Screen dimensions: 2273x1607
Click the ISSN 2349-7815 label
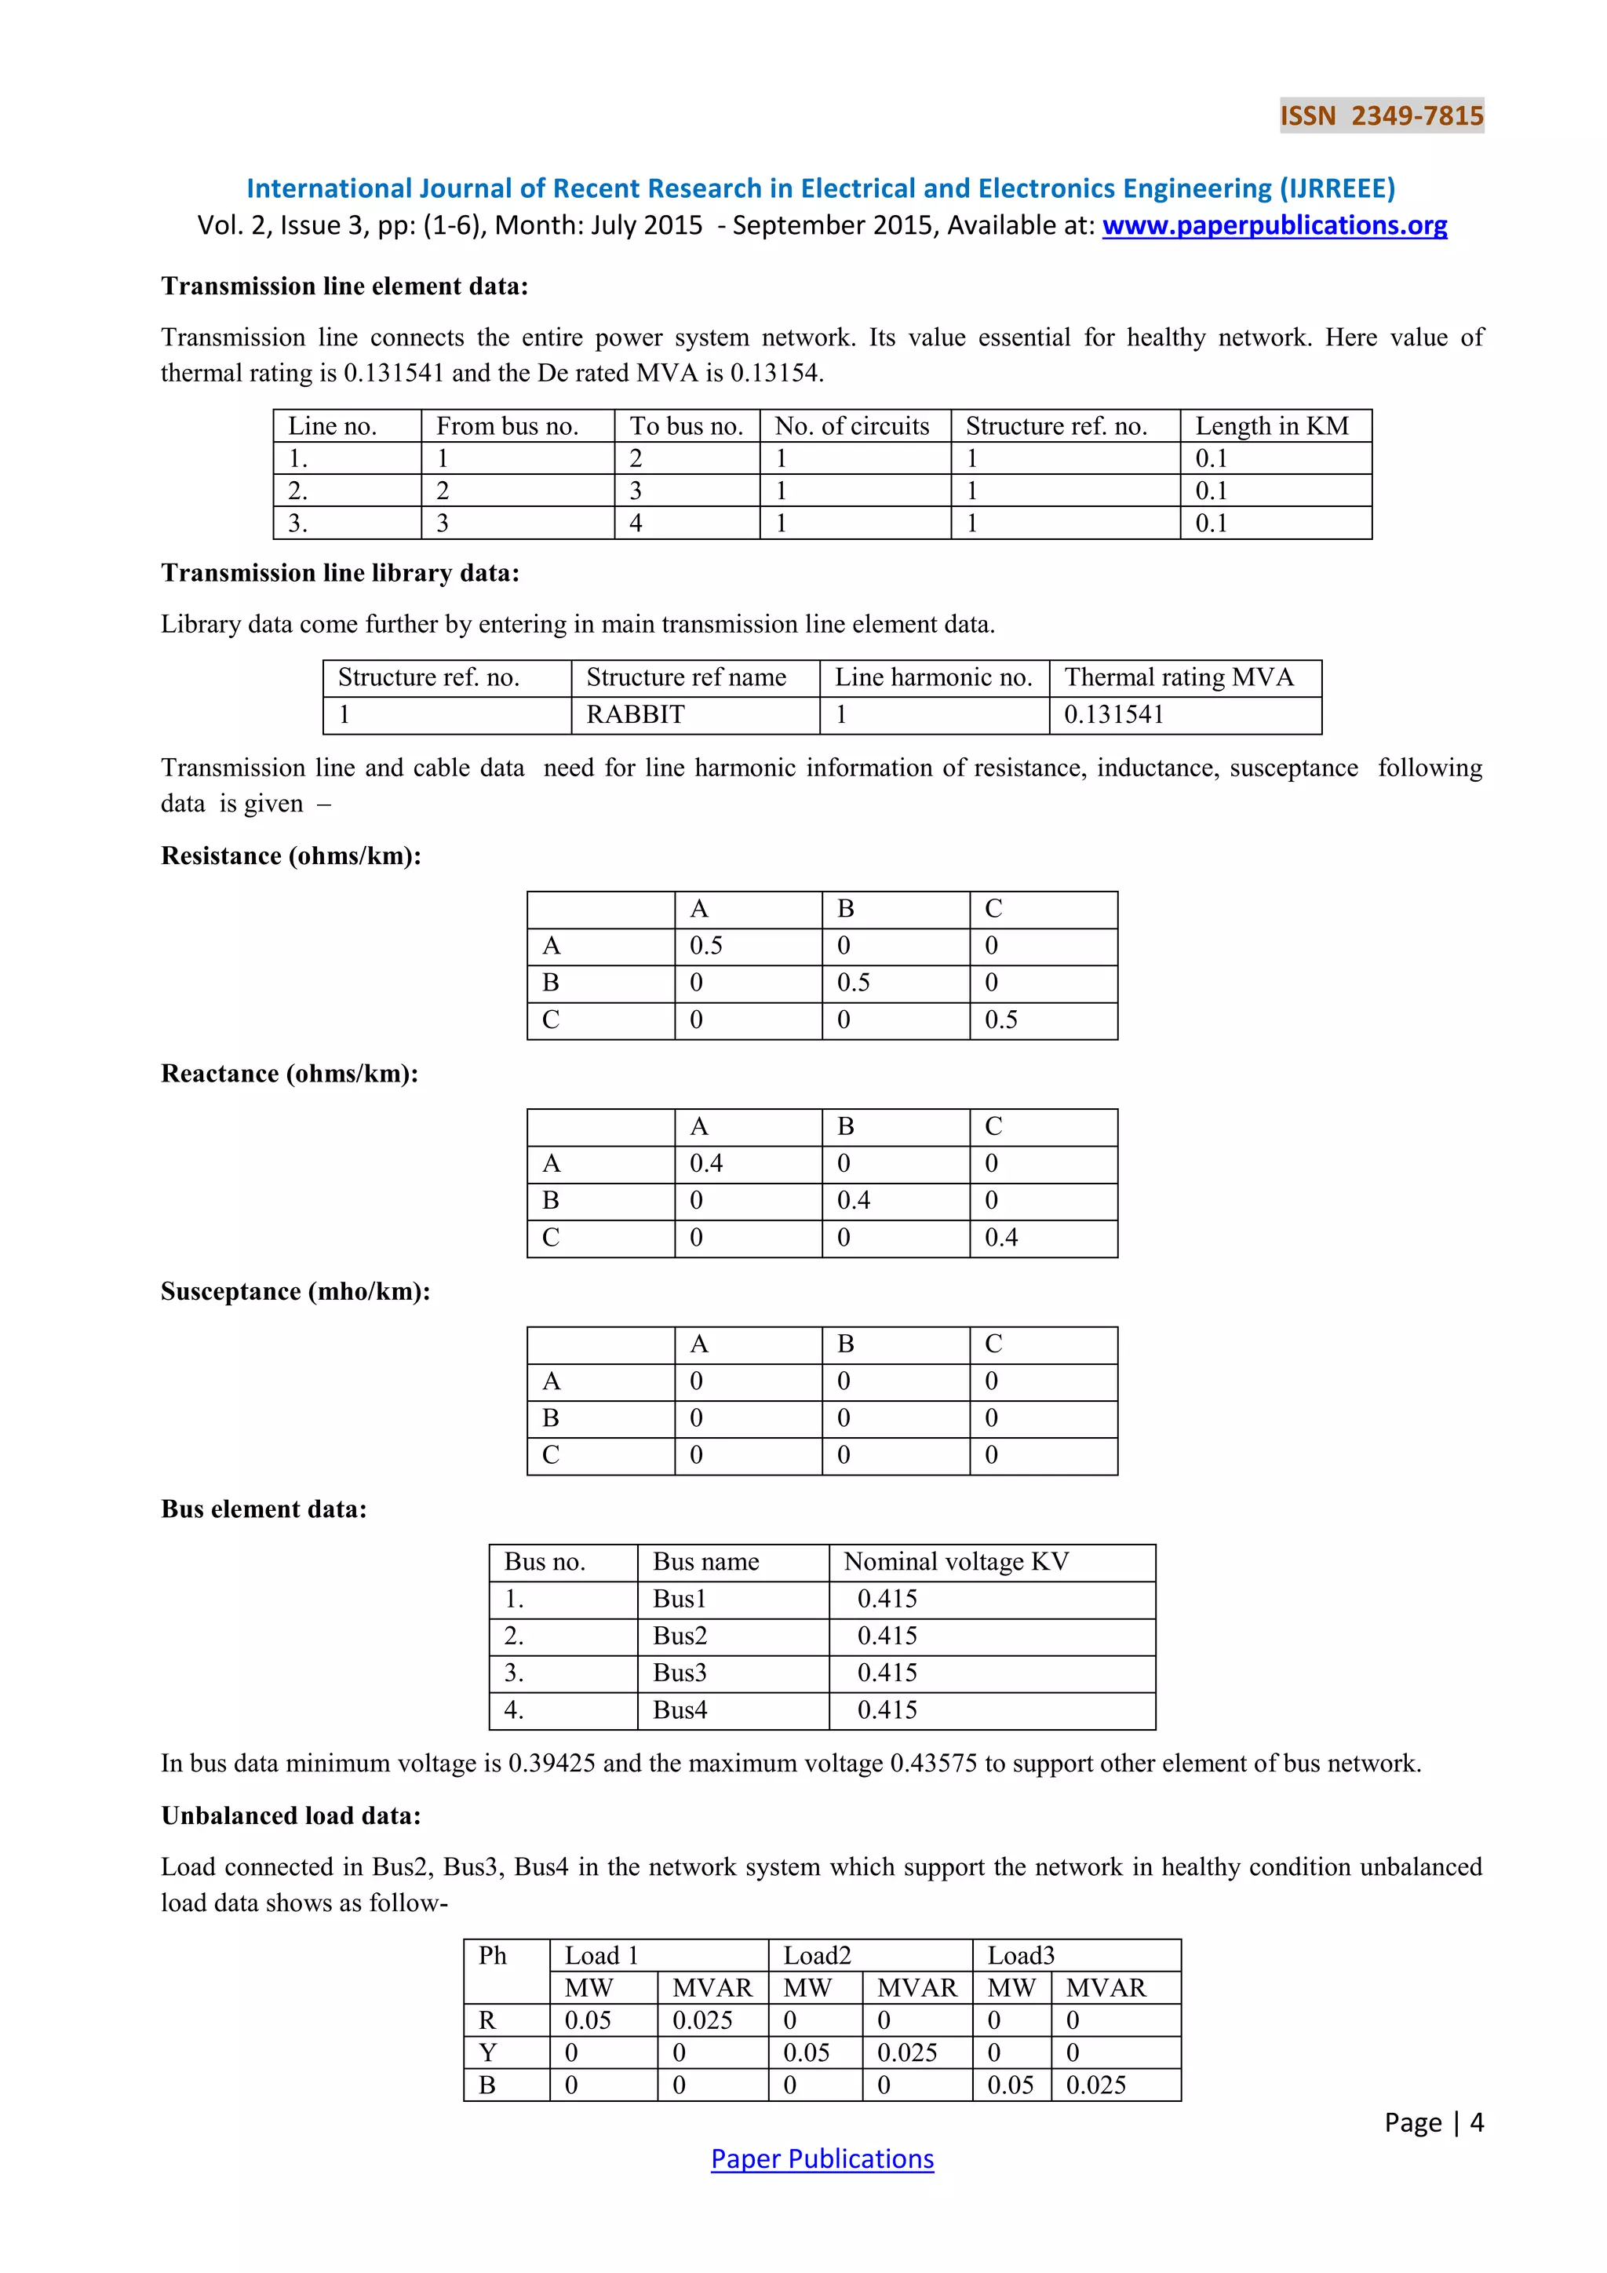(x=1381, y=116)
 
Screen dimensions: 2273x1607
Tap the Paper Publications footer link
(x=822, y=2159)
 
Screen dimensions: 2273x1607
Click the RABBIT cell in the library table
(x=636, y=715)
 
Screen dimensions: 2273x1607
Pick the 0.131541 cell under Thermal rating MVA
(x=1113, y=715)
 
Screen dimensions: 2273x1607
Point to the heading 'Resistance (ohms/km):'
(x=291, y=856)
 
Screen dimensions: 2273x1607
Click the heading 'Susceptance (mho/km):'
(x=295, y=1292)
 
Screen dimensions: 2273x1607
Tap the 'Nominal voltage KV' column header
(x=956, y=1562)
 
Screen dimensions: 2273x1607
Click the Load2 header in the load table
(x=818, y=1956)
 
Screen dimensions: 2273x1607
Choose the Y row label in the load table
(x=488, y=2053)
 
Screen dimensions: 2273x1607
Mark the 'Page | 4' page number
(x=1433, y=2122)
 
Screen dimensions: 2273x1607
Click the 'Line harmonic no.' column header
(x=933, y=677)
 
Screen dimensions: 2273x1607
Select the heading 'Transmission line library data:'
(x=340, y=573)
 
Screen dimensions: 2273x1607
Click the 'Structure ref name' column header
(x=686, y=677)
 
